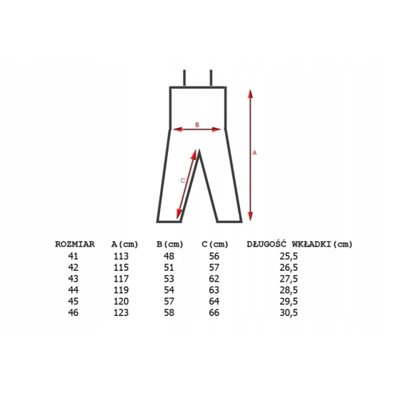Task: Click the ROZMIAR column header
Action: point(75,244)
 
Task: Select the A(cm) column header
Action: point(124,244)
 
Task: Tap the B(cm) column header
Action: point(169,244)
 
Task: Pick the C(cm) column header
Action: point(215,244)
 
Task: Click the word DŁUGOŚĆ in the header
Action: point(267,244)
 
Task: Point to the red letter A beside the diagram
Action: point(254,153)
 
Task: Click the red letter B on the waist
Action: point(197,124)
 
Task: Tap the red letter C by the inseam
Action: point(183,181)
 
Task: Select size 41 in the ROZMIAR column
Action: point(73,256)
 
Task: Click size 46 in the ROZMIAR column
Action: point(73,312)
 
